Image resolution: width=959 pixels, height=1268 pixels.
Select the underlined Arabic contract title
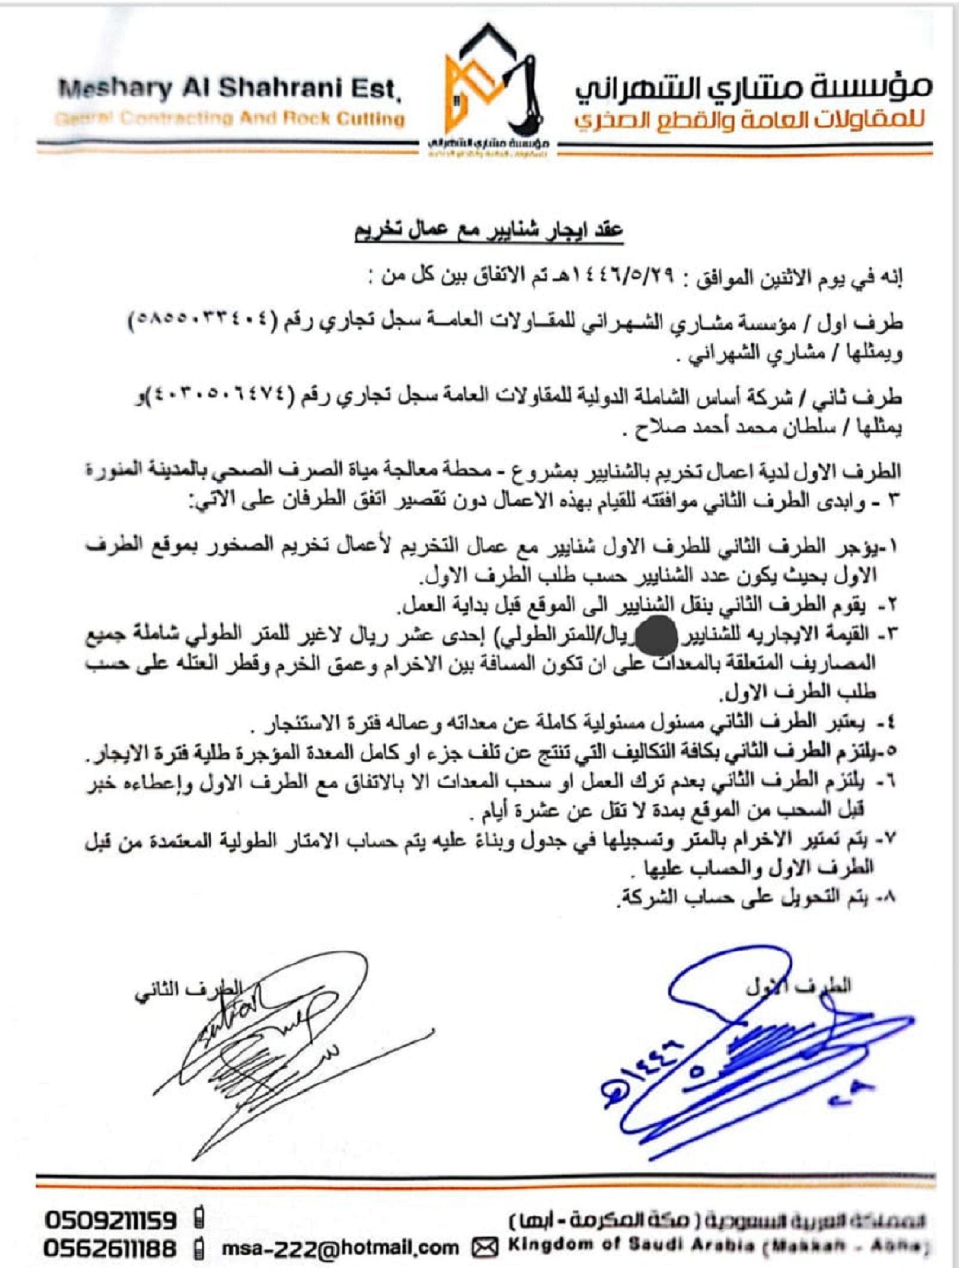[x=488, y=232]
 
